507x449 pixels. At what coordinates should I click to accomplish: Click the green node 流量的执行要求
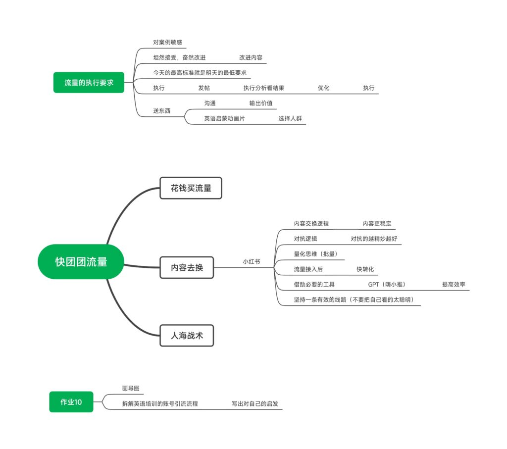pyautogui.click(x=89, y=83)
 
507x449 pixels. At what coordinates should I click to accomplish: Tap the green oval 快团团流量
pyautogui.click(x=81, y=261)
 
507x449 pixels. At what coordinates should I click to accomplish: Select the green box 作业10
pyautogui.click(x=71, y=402)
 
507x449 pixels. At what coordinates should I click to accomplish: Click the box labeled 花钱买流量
pyautogui.click(x=191, y=188)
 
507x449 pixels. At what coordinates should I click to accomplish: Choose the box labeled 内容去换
pyautogui.click(x=187, y=267)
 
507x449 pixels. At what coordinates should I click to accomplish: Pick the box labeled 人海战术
pyautogui.click(x=187, y=336)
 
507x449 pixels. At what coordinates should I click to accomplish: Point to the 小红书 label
pyautogui.click(x=251, y=261)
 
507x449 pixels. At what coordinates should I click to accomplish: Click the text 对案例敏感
pyautogui.click(x=167, y=43)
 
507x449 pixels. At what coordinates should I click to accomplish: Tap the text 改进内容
pyautogui.click(x=251, y=57)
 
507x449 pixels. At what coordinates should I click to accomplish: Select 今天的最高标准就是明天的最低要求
pyautogui.click(x=200, y=73)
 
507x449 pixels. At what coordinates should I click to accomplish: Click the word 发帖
pyautogui.click(x=204, y=88)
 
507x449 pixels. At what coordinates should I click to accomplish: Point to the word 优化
pyautogui.click(x=323, y=88)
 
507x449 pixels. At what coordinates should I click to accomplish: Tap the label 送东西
pyautogui.click(x=162, y=111)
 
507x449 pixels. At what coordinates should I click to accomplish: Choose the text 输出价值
pyautogui.click(x=260, y=103)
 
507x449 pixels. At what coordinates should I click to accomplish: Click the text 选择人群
pyautogui.click(x=290, y=118)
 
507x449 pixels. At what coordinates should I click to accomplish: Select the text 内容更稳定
pyautogui.click(x=377, y=223)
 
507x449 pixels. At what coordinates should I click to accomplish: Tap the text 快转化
pyautogui.click(x=365, y=269)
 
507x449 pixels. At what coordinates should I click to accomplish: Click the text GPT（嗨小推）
pyautogui.click(x=387, y=285)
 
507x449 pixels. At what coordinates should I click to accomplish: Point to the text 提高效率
pyautogui.click(x=454, y=285)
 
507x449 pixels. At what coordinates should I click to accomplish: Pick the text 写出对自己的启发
pyautogui.click(x=255, y=403)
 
